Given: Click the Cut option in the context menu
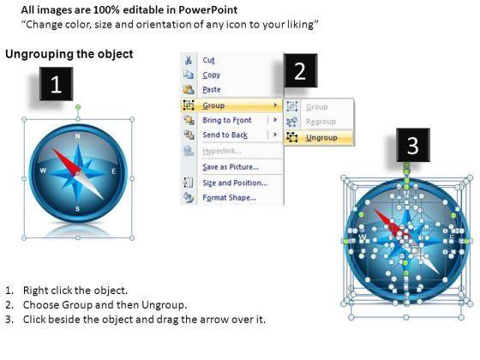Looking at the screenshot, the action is coord(208,60).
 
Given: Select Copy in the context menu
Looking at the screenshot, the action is coord(211,75).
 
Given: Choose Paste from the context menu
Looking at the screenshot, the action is coord(212,89).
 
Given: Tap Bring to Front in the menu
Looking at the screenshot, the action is coord(227,120).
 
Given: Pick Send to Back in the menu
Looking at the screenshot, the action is coord(225,135).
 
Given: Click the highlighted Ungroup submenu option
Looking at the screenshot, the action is coord(321,138).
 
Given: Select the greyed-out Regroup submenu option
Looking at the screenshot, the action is coord(321,122).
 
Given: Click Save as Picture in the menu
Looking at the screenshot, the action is coord(231,167).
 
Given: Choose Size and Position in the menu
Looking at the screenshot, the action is coord(235,183).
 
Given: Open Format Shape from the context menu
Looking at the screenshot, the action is coord(229,197).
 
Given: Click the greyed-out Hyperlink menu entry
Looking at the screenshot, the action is coord(222,151).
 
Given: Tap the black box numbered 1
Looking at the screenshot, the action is coord(56,84).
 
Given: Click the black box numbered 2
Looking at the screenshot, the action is coord(300,70).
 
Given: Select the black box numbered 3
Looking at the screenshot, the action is coord(413,145).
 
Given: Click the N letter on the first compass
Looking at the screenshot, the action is coord(78,136).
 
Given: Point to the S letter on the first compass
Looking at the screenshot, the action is coord(77,209).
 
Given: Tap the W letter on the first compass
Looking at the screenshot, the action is coord(43,171).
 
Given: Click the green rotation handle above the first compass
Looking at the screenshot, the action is coord(78,107).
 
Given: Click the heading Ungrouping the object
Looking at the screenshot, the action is coord(69,54).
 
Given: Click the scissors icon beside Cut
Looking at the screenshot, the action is coord(189,60).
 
